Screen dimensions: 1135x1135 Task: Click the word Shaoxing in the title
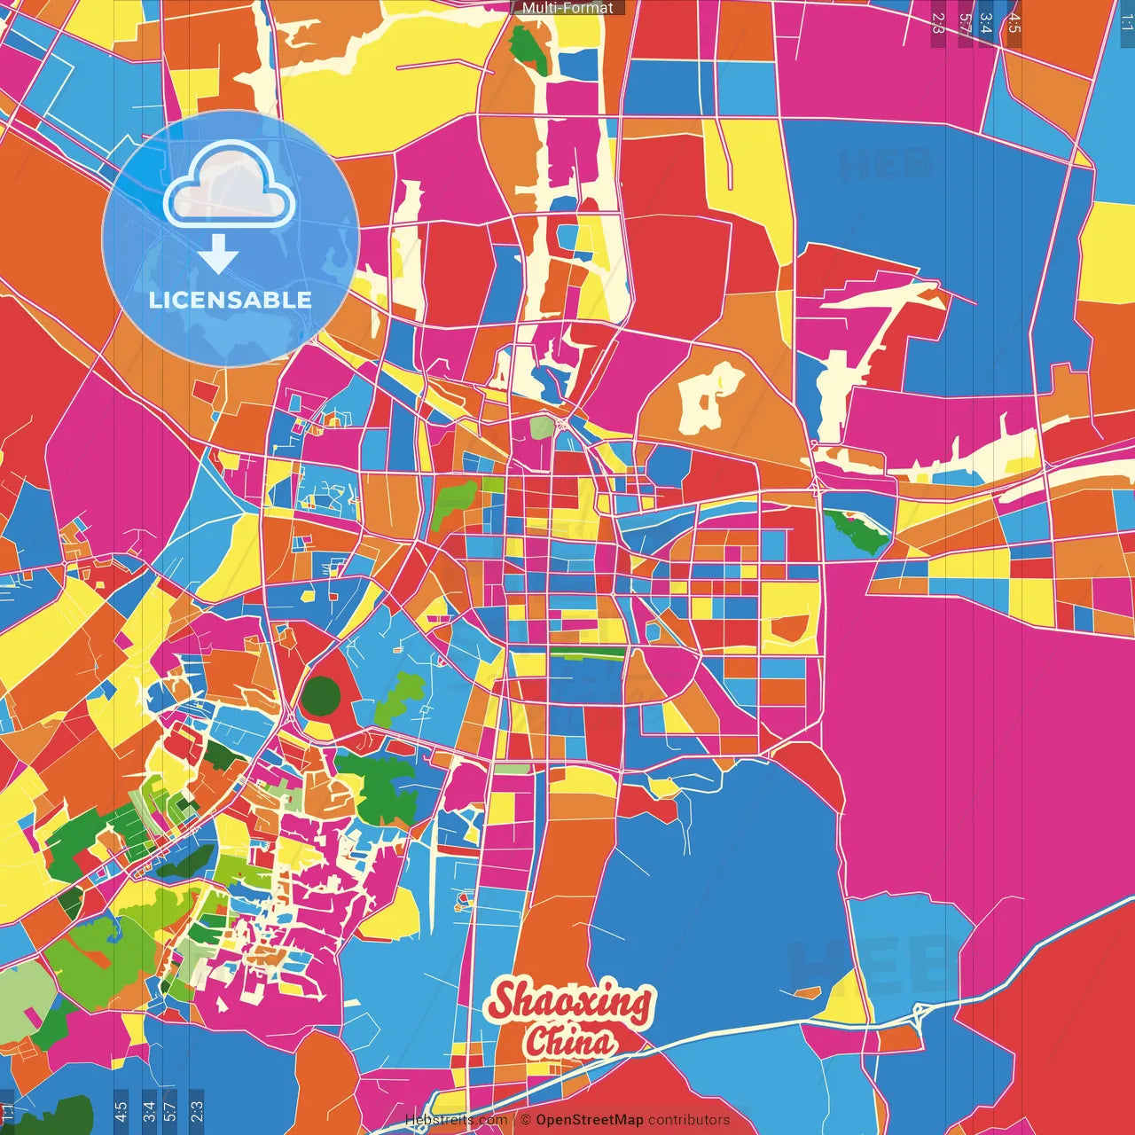coord(570,1003)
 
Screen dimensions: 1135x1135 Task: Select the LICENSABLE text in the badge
coord(230,300)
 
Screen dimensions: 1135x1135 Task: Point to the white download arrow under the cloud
coord(218,254)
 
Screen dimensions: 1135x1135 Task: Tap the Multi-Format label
coord(567,8)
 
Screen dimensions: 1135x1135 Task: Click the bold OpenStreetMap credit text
coord(589,1120)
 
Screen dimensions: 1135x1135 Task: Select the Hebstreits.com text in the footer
coord(456,1120)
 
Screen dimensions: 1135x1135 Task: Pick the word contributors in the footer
coord(689,1120)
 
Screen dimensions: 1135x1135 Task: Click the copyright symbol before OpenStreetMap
coord(526,1120)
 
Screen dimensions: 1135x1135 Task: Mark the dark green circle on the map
coord(319,696)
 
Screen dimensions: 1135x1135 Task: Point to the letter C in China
coord(536,1041)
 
